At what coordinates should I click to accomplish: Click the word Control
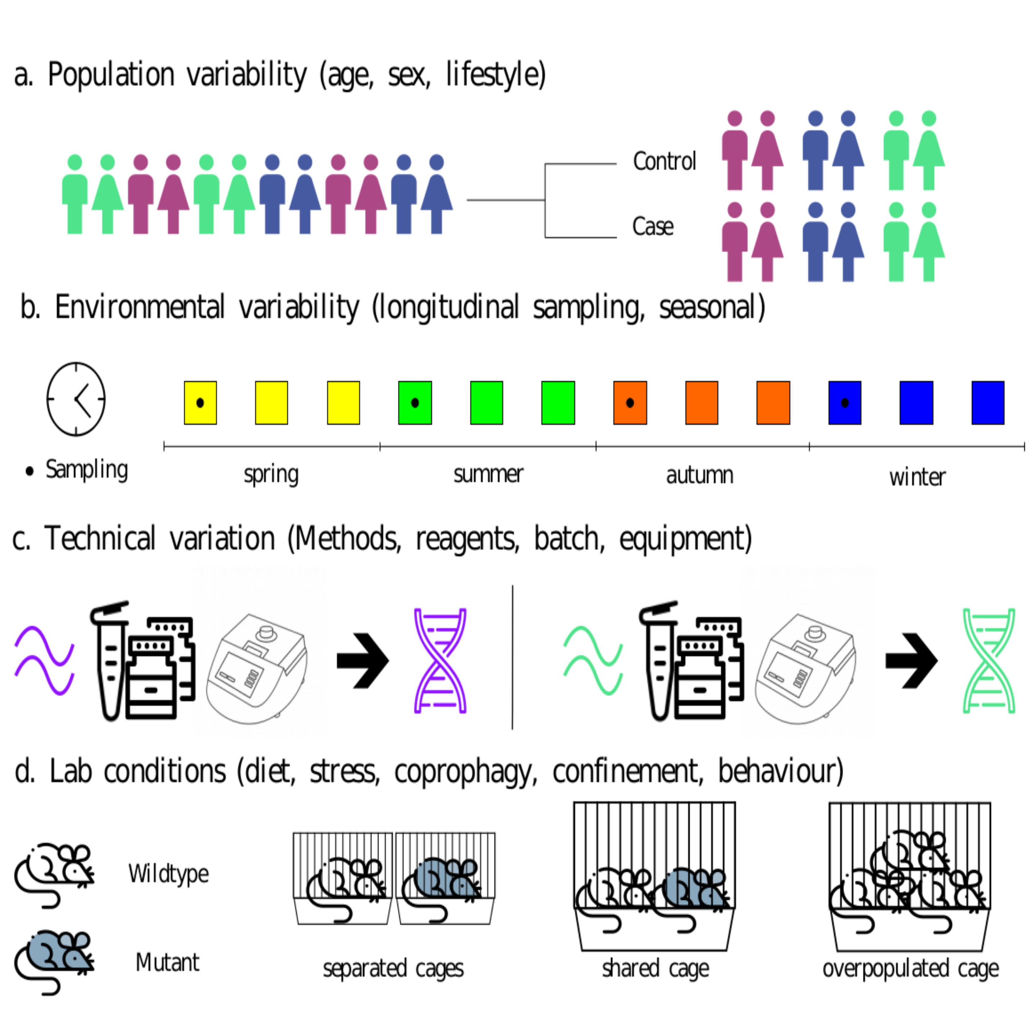664,161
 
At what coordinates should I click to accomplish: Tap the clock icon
76,399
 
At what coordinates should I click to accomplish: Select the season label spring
271,474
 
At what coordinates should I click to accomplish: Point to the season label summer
488,474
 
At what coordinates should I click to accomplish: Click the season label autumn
699,475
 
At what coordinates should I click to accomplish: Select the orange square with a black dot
630,403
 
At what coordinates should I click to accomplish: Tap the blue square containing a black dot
845,403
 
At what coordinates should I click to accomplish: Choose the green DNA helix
989,661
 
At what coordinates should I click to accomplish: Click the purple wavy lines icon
44,661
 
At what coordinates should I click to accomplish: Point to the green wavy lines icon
593,661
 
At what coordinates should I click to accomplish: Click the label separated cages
393,968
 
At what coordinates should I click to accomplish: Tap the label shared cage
655,968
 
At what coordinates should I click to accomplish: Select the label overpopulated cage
910,968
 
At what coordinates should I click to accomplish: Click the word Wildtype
168,874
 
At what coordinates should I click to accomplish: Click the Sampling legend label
87,470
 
